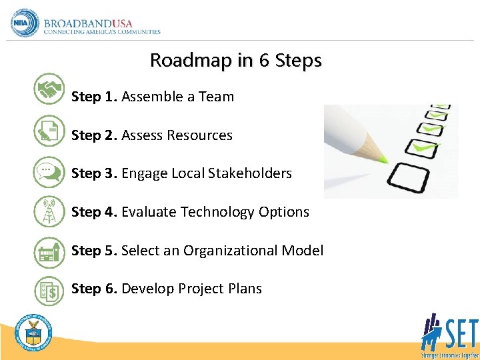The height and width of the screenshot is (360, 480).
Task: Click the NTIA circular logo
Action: coord(25,23)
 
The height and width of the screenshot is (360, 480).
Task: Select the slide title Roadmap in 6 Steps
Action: coord(235,60)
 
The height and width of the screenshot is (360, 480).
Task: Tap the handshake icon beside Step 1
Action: coord(49,89)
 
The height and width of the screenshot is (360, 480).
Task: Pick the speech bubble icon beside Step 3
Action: coord(49,171)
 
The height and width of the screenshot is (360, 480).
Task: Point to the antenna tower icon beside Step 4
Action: coord(49,211)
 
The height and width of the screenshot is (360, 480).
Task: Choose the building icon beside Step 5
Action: coord(49,251)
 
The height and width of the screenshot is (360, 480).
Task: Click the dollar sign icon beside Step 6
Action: coord(49,290)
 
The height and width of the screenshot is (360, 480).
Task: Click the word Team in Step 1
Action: coord(216,97)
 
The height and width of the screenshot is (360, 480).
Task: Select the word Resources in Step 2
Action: coord(199,135)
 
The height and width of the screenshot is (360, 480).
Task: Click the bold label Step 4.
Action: coord(94,212)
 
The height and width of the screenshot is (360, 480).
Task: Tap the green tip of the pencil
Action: coord(382,159)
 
